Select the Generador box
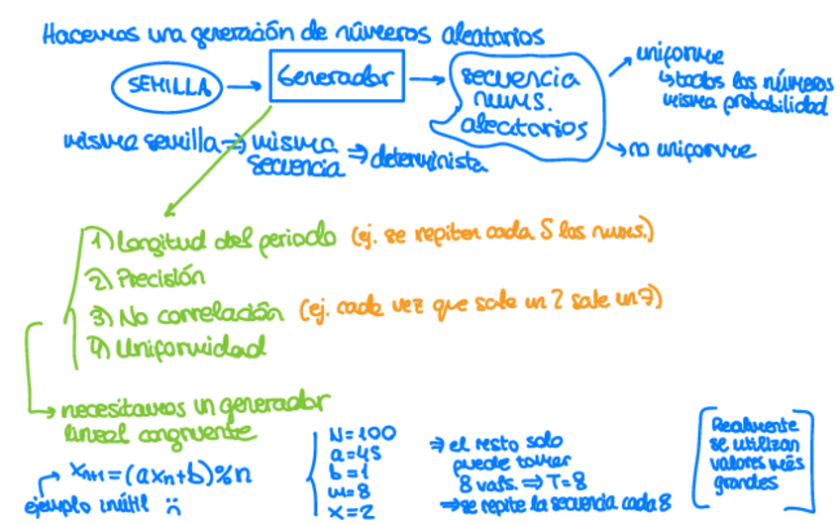pyautogui.click(x=337, y=76)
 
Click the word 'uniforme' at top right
pyautogui.click(x=679, y=55)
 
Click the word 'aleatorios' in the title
pyautogui.click(x=489, y=37)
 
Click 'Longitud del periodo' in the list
pyautogui.click(x=226, y=240)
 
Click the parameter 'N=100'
pyautogui.click(x=362, y=433)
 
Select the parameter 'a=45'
pyautogui.click(x=351, y=454)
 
